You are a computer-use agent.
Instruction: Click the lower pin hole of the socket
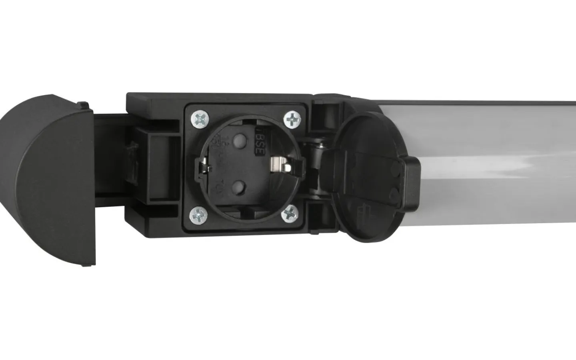(239, 184)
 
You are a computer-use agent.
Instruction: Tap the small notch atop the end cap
(83, 105)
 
